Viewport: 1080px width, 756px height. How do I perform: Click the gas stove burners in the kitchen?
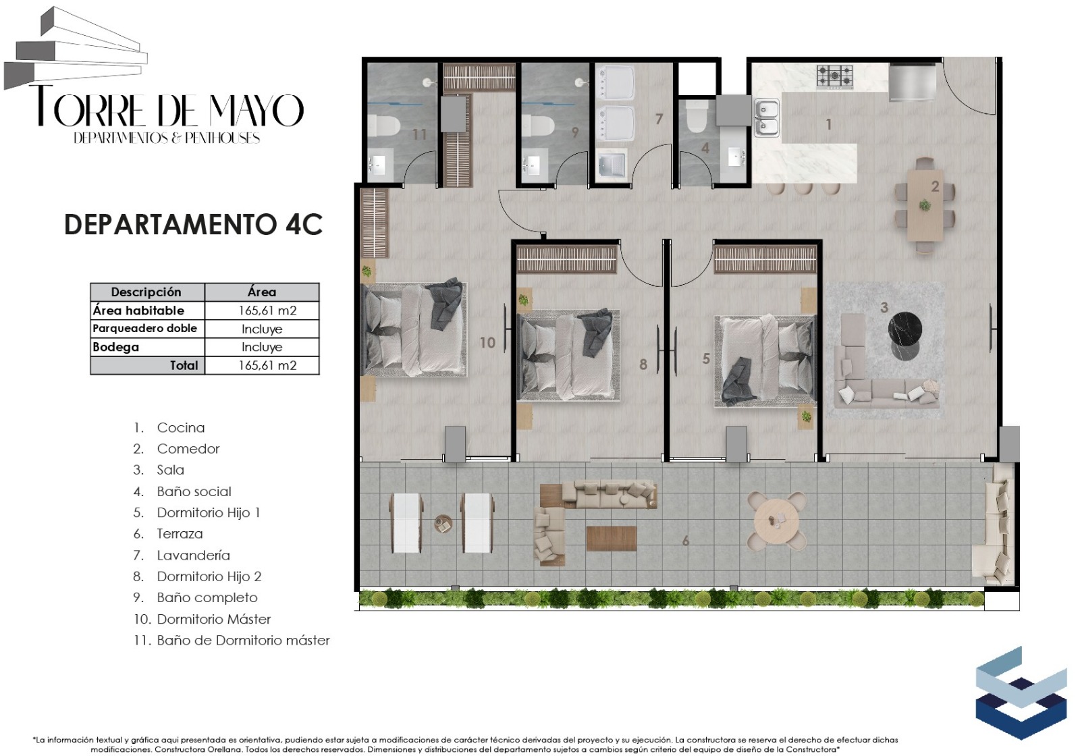(834, 77)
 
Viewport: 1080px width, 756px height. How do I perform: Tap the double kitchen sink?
(767, 117)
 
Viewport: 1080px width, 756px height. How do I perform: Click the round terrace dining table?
(776, 521)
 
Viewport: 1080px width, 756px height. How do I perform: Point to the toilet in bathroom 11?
(384, 126)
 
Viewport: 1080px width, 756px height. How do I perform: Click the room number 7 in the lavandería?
(659, 119)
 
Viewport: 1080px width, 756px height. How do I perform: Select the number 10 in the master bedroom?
(487, 342)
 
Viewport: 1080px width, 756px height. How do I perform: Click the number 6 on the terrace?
(686, 541)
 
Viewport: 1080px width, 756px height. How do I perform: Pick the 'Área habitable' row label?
(138, 310)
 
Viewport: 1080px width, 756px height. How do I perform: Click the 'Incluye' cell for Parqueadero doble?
(262, 329)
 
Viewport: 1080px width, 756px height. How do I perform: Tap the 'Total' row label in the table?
(184, 365)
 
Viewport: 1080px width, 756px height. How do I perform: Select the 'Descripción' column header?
(146, 292)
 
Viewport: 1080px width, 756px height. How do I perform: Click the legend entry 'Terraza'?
(180, 534)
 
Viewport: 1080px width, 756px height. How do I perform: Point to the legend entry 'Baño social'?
(194, 492)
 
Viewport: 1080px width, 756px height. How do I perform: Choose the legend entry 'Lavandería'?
(193, 556)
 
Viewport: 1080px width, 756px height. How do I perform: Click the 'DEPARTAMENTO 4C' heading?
(193, 225)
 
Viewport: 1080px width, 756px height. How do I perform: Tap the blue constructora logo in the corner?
(1021, 693)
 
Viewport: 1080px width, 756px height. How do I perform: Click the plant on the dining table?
(925, 205)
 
